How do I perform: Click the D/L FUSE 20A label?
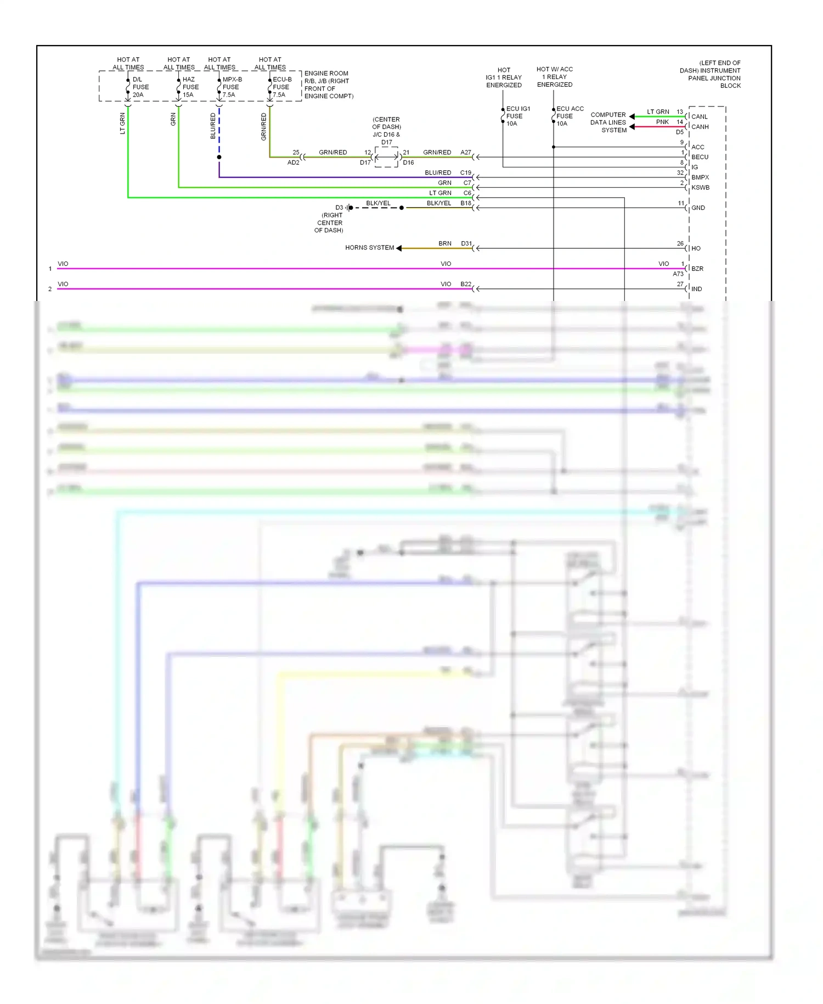tap(140, 87)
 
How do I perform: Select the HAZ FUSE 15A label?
tap(190, 87)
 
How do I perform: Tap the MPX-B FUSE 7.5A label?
tap(232, 87)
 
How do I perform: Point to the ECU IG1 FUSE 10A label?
tap(517, 116)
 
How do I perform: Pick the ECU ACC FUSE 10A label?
tap(569, 116)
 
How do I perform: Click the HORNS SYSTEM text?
tap(369, 248)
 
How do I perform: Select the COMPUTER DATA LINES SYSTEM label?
tap(608, 122)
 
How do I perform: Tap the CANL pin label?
tap(699, 116)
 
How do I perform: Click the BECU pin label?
tap(700, 157)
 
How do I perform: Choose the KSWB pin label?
tap(700, 187)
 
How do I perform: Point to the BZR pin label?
tap(697, 269)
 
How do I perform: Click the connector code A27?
tap(465, 152)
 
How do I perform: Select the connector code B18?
tap(465, 203)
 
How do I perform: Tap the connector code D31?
tap(466, 243)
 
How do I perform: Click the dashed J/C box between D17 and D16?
tap(386, 157)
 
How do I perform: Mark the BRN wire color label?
tap(444, 243)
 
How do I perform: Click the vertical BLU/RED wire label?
tap(213, 126)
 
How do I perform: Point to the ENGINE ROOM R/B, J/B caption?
tap(328, 85)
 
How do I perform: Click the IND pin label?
tap(696, 289)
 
